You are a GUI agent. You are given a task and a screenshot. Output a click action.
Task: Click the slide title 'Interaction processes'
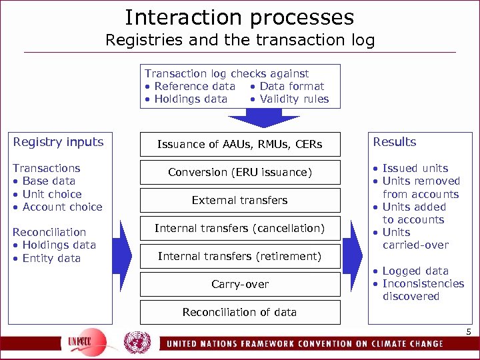click(x=239, y=17)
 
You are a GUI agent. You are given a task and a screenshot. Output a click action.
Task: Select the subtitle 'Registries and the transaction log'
click(x=240, y=40)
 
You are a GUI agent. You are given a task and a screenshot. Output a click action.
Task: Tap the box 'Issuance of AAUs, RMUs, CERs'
click(x=239, y=144)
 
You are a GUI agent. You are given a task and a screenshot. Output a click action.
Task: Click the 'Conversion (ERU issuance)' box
click(x=239, y=172)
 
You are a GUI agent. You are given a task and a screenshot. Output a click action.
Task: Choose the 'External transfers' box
click(x=239, y=200)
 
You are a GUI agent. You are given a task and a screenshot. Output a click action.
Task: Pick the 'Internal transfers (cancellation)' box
click(x=239, y=228)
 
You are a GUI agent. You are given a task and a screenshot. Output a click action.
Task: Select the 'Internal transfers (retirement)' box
click(x=239, y=256)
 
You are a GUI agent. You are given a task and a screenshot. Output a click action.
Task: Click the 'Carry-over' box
click(x=239, y=284)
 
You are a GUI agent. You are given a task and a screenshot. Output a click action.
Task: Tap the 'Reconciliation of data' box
click(x=239, y=312)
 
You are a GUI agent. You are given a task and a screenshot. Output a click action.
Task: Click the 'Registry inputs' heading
click(x=59, y=142)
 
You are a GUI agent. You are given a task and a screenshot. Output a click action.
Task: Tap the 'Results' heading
click(x=394, y=142)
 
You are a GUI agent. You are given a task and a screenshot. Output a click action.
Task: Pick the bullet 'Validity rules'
click(x=294, y=99)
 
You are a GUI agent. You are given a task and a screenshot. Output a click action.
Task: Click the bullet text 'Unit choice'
click(x=51, y=194)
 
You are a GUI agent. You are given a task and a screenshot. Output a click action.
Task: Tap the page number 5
click(x=468, y=332)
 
